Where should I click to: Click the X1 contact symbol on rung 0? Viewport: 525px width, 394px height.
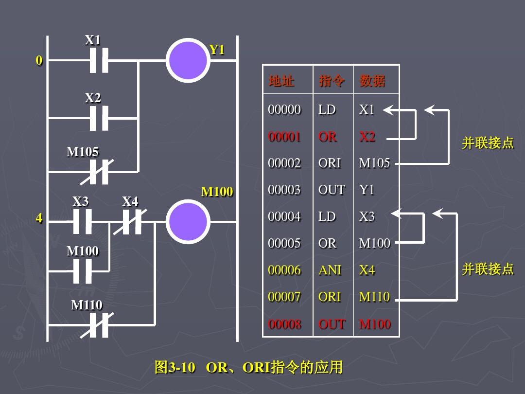(99, 61)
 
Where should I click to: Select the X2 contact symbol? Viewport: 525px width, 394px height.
(99, 118)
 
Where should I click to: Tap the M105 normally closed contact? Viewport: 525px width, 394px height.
(99, 172)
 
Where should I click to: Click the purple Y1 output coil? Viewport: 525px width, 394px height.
(188, 60)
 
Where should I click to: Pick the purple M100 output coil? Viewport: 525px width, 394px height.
(188, 221)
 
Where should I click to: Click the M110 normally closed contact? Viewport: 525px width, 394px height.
(99, 325)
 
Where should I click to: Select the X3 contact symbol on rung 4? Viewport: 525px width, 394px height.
(82, 222)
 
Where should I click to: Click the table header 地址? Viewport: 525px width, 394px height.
(281, 81)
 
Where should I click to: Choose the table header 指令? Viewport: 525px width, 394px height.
(332, 81)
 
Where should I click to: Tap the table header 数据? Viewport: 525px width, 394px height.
(372, 81)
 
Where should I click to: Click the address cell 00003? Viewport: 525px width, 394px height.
(284, 190)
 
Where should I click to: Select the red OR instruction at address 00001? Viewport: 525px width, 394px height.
(327, 137)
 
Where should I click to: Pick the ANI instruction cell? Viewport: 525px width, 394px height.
(330, 269)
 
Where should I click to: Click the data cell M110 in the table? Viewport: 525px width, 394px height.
(374, 297)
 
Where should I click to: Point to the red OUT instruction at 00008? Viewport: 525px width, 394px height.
(332, 324)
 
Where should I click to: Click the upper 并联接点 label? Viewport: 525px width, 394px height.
(488, 143)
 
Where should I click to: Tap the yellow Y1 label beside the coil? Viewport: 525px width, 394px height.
(216, 50)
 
